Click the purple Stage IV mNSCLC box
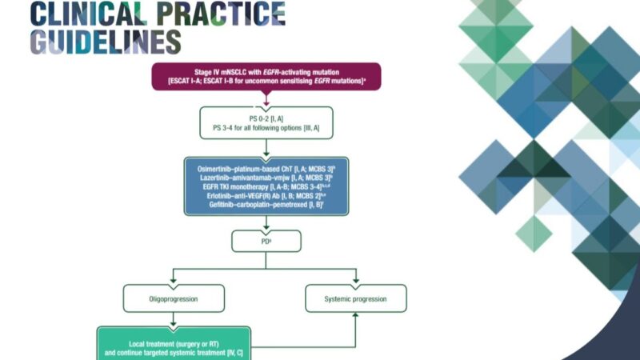pos(266,76)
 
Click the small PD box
pos(266,239)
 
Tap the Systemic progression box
pos(356,299)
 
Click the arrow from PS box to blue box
pos(266,148)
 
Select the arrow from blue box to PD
pos(266,222)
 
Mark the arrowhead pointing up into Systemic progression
pos(356,316)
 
